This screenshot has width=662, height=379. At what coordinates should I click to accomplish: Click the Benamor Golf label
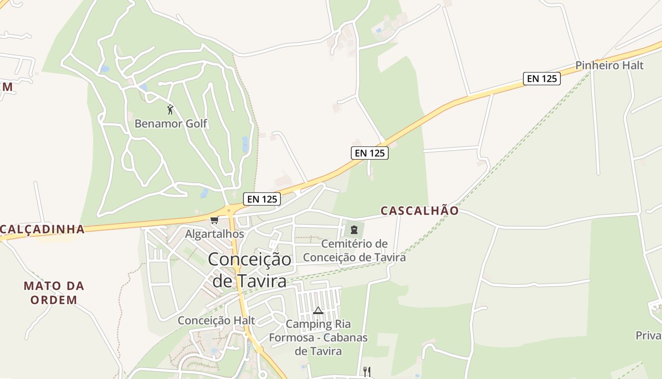point(171,124)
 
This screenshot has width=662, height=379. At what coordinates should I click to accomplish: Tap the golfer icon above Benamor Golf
point(170,109)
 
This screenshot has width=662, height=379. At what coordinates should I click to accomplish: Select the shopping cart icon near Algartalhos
point(214,220)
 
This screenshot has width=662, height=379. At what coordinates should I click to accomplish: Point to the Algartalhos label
point(214,234)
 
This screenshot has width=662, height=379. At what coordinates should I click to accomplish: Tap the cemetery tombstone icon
point(354,230)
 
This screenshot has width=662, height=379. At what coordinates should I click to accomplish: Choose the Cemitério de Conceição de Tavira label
point(354,251)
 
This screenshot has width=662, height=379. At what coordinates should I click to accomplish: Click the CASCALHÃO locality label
point(419,210)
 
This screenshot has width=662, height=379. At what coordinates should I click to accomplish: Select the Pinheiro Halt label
point(609,65)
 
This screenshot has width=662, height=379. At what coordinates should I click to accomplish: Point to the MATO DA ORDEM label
point(54,292)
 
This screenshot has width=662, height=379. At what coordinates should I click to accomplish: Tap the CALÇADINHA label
point(42,229)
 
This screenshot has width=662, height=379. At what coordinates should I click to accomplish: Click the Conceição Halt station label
point(216,320)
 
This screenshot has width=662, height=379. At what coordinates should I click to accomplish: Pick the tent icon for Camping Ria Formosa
point(318,310)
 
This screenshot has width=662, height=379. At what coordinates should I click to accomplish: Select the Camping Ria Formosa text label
point(318,337)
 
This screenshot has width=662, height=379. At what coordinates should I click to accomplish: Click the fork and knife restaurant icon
point(366,371)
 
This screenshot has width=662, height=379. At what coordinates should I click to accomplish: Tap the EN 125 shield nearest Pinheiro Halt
point(541,78)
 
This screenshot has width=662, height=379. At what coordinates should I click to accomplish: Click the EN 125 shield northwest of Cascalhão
point(369,153)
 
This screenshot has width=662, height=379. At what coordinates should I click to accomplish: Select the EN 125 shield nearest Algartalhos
point(262,199)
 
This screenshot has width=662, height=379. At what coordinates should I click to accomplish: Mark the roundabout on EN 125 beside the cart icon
point(229,210)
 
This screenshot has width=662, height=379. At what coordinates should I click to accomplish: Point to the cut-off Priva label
point(649,335)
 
